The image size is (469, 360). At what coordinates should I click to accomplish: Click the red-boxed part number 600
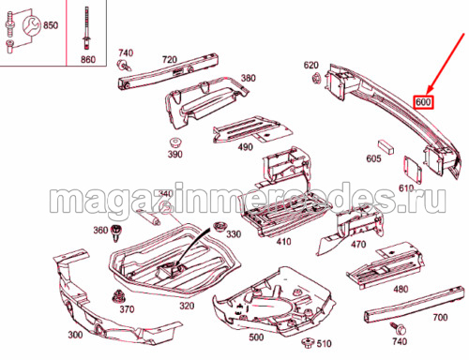[423, 102]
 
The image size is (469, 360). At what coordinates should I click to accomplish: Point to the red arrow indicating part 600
[446, 64]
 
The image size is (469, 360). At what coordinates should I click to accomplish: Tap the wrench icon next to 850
[31, 25]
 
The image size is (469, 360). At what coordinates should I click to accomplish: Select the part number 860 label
[88, 59]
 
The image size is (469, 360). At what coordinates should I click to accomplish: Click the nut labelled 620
[317, 77]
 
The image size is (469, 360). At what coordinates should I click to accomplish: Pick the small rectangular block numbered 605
[386, 146]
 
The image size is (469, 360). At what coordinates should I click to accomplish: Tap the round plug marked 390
[175, 142]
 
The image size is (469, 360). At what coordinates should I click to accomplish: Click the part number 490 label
[245, 147]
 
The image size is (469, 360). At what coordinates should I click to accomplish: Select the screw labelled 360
[116, 232]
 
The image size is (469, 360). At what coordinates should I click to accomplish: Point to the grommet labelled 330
[219, 227]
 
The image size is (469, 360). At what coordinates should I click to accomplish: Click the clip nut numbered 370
[118, 296]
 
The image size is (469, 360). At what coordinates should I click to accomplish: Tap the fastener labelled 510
[308, 342]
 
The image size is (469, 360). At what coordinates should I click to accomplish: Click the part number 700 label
[440, 318]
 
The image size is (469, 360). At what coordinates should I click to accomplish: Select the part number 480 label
[401, 290]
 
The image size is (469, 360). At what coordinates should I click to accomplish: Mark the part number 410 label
[283, 242]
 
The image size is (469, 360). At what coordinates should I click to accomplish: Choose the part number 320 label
[187, 306]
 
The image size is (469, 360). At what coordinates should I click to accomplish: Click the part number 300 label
[75, 335]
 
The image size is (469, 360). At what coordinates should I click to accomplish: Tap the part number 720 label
[170, 59]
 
